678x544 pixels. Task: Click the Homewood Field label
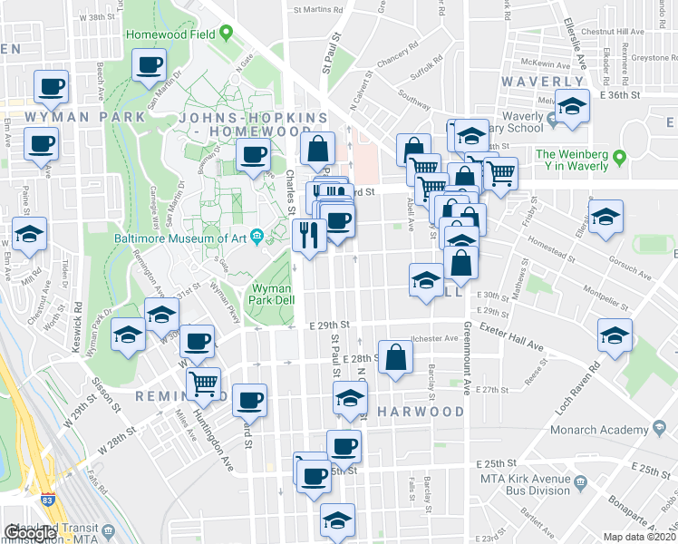[x=170, y=34]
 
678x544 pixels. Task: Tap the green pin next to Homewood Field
[x=226, y=34]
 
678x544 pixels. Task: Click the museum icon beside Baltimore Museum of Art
[x=257, y=238]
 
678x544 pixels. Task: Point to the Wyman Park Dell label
[x=269, y=294]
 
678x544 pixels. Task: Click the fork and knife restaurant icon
[x=308, y=237]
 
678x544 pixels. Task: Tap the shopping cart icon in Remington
[x=205, y=384]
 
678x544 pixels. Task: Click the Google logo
[x=31, y=533]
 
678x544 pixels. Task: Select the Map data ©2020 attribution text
[x=639, y=536]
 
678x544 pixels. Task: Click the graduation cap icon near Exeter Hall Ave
[x=615, y=337]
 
